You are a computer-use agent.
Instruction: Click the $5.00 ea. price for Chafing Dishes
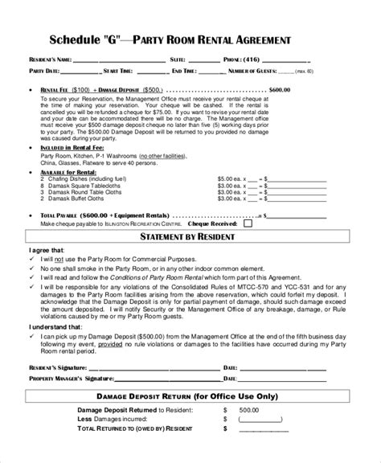coord(232,178)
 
